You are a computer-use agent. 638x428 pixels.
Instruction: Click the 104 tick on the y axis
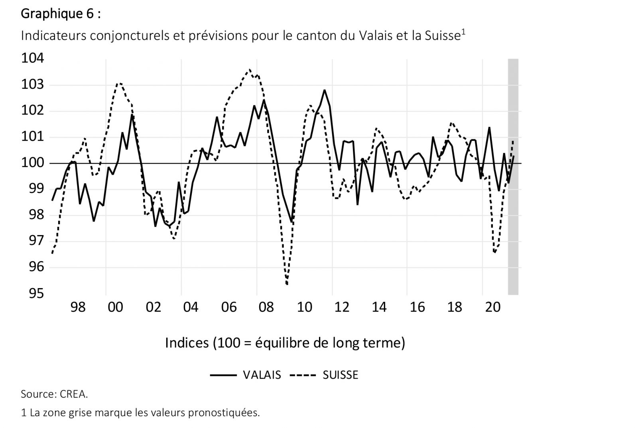tap(32, 59)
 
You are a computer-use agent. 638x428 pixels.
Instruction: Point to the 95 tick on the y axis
tap(35, 294)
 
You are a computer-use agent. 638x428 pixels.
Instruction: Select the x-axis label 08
tap(266, 307)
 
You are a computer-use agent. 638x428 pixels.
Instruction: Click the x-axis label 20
tap(492, 307)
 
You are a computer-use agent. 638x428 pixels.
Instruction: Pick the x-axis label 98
tap(78, 307)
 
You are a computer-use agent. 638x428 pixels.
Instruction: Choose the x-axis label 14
tap(379, 307)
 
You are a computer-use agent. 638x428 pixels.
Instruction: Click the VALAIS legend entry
tap(262, 375)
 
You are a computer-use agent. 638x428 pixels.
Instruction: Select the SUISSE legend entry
tap(340, 375)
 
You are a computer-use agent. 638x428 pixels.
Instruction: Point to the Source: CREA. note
tap(54, 394)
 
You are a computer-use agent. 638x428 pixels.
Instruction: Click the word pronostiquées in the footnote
tap(224, 412)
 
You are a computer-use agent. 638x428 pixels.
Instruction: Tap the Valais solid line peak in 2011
tap(325, 90)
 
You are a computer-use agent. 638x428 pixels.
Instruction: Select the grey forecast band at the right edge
tap(513, 175)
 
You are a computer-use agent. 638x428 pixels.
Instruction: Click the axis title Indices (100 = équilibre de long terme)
tap(285, 343)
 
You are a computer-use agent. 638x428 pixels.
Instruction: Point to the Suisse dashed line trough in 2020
tap(495, 252)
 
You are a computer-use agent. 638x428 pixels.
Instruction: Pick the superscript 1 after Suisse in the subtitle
tap(463, 32)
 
